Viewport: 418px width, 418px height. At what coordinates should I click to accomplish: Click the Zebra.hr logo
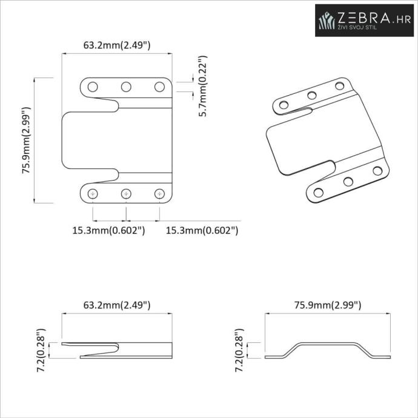click(x=364, y=20)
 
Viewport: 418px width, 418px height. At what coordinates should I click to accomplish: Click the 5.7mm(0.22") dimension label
click(x=203, y=86)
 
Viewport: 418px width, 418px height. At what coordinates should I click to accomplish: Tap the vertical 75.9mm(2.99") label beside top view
click(x=27, y=141)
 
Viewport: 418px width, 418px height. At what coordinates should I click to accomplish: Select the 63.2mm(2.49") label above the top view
click(x=117, y=45)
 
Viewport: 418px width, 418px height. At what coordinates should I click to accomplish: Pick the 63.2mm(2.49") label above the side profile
click(x=117, y=305)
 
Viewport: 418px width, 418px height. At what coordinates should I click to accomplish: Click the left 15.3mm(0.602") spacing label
click(x=109, y=230)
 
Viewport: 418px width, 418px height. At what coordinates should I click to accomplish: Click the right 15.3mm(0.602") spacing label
click(x=202, y=230)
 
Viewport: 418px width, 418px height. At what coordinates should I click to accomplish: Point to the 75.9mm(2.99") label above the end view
click(x=328, y=305)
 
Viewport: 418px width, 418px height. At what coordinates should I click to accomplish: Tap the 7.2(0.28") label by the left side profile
click(x=41, y=350)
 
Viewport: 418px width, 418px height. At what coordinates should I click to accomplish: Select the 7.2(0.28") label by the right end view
click(x=239, y=350)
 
